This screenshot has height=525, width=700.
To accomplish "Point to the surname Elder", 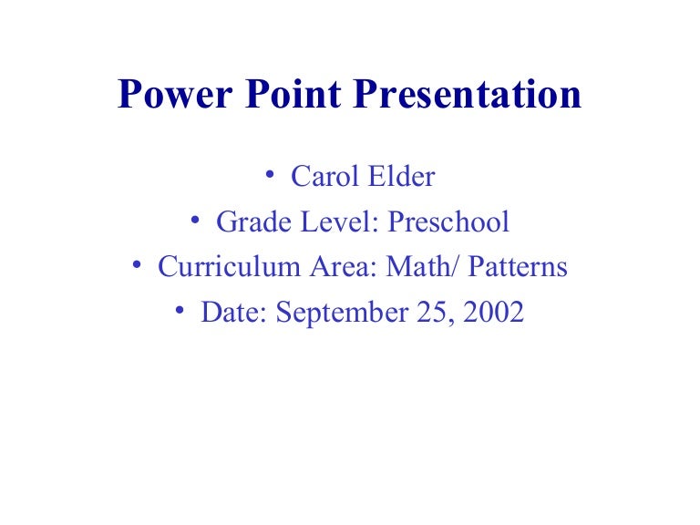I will click(402, 176).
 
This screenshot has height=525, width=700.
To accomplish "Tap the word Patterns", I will click(516, 267).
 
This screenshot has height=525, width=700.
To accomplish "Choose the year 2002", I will click(492, 313).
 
